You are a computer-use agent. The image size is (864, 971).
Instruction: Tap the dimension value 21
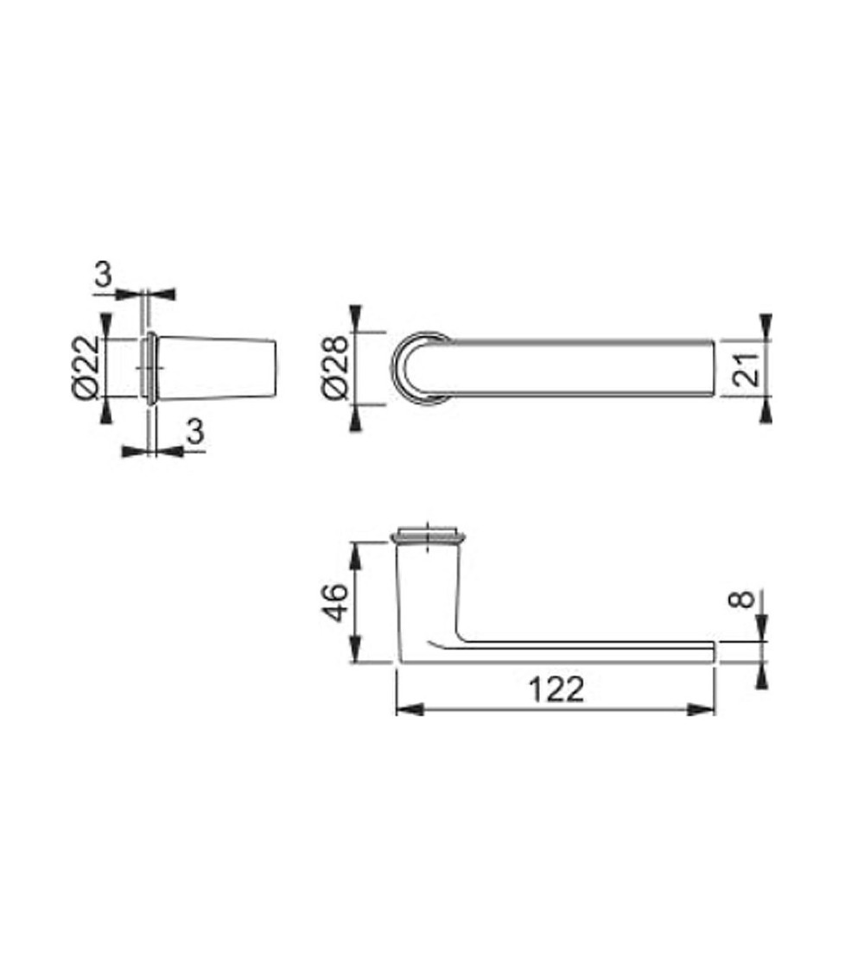(x=747, y=369)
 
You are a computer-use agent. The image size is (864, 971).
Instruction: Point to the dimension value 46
(x=336, y=602)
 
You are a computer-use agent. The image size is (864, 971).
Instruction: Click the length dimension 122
(x=556, y=689)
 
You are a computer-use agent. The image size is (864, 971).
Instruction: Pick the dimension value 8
(x=744, y=599)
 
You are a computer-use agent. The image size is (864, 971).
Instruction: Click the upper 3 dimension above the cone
(x=104, y=274)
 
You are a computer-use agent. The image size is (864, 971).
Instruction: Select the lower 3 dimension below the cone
(x=195, y=431)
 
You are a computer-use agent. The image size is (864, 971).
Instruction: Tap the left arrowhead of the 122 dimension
(x=410, y=709)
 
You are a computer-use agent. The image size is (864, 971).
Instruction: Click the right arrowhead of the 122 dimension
(x=702, y=709)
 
